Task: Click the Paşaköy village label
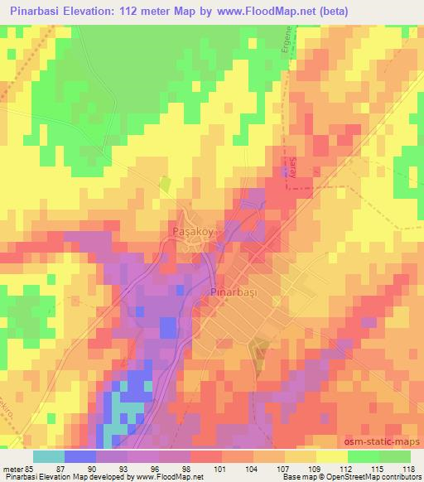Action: tap(192, 233)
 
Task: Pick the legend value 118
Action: tap(409, 469)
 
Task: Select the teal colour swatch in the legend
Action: tap(50, 456)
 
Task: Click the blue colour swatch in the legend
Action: tap(80, 456)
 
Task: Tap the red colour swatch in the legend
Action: tap(207, 456)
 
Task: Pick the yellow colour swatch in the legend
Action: tap(331, 456)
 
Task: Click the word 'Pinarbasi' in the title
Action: tap(36, 12)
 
